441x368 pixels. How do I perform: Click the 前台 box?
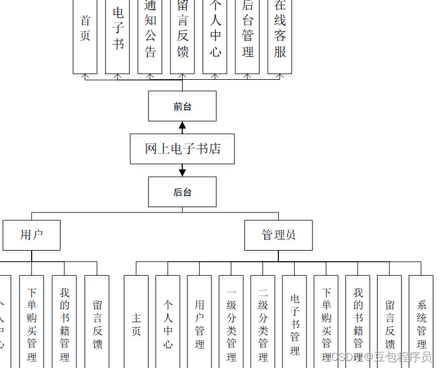point(182,106)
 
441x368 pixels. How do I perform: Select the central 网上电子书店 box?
point(182,148)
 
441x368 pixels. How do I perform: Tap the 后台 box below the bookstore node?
point(182,192)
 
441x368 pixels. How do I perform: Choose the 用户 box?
point(32,235)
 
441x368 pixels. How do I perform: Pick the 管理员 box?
point(278,235)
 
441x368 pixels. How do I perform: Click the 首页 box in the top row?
point(85,35)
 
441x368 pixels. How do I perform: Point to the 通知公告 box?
point(150,35)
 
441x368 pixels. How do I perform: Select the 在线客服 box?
point(280,35)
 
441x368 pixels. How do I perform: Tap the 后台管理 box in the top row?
point(247,35)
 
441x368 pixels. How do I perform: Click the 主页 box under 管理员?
point(136,323)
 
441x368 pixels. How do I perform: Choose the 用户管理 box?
point(200,323)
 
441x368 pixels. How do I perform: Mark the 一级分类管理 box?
point(231,323)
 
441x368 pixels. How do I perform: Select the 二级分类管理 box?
point(263,323)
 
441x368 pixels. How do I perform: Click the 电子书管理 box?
point(295,323)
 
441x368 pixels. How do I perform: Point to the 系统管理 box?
point(421,323)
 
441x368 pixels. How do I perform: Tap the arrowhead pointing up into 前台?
point(182,126)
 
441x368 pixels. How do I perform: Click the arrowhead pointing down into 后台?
point(182,172)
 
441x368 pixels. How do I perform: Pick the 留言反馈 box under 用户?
point(97,323)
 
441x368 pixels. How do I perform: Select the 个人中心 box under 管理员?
point(168,323)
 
